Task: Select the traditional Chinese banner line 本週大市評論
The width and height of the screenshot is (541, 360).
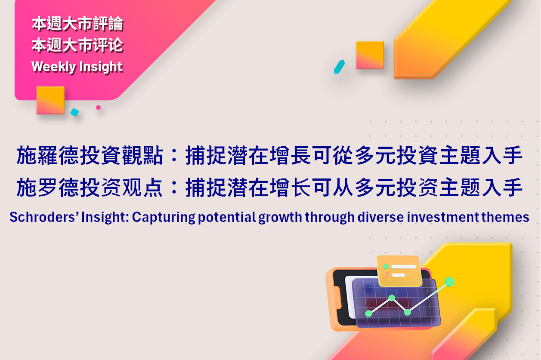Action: (x=77, y=24)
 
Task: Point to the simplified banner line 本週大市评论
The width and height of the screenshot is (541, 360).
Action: (x=77, y=45)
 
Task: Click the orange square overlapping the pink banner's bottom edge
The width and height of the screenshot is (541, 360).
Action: (x=50, y=100)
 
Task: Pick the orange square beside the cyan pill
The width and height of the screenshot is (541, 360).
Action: (x=370, y=55)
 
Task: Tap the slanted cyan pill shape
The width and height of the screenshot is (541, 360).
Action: (x=339, y=67)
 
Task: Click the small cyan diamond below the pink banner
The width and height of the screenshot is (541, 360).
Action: (x=74, y=112)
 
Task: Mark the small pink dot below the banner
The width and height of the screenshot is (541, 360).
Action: (x=98, y=108)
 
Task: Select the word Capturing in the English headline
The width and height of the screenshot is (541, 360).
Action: (x=164, y=217)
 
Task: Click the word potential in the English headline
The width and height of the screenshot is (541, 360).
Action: (x=227, y=217)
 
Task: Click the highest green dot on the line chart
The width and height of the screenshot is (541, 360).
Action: (x=449, y=282)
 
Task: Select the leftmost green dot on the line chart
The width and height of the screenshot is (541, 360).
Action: (x=368, y=314)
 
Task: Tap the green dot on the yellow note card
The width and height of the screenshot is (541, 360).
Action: (x=386, y=267)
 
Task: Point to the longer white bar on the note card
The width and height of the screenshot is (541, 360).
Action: (x=404, y=267)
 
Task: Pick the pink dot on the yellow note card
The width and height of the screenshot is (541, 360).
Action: (x=387, y=275)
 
